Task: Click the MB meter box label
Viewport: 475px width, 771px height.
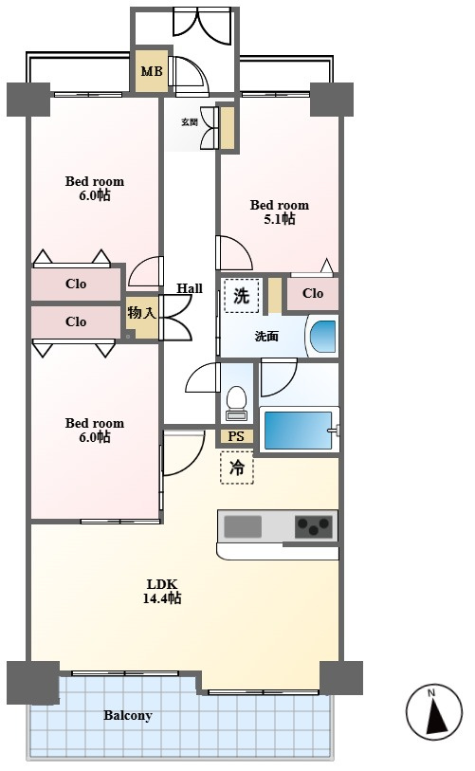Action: [152, 71]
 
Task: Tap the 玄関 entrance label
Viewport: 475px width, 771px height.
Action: [190, 122]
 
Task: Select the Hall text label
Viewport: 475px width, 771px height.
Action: [190, 288]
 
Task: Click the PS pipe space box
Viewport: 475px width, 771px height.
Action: [236, 436]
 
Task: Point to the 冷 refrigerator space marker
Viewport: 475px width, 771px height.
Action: [237, 468]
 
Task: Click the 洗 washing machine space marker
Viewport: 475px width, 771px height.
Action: [241, 296]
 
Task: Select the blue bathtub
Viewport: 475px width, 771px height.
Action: [298, 431]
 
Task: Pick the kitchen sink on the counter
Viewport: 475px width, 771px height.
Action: [243, 526]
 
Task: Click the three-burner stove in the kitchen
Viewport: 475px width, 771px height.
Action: [314, 527]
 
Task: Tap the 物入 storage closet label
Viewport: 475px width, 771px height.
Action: [142, 313]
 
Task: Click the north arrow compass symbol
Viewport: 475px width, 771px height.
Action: [434, 711]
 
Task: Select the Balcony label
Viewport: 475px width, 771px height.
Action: [128, 715]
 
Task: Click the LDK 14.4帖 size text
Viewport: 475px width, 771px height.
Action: [162, 591]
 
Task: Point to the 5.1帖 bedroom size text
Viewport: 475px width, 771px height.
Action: [280, 219]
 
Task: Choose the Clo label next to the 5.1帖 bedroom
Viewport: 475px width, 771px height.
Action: [313, 294]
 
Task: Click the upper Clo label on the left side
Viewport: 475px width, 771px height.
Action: [76, 284]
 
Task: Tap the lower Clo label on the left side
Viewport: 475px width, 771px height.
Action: [76, 321]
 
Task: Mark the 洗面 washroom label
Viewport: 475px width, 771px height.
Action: [266, 337]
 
